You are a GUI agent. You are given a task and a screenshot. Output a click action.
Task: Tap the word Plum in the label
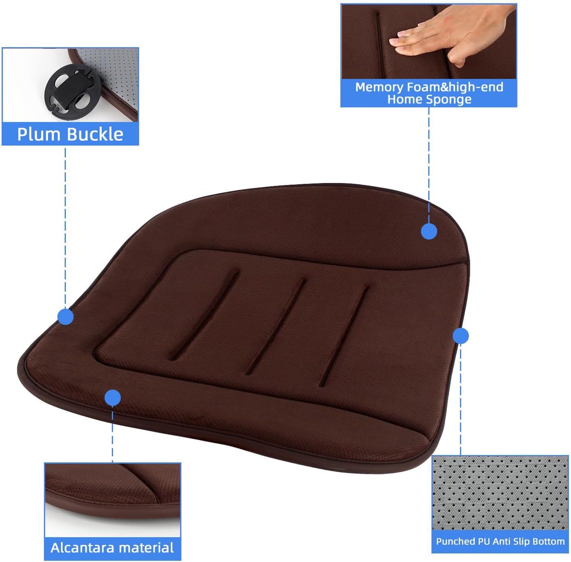pyautogui.click(x=39, y=134)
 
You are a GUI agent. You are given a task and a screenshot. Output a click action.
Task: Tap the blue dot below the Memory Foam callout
pyautogui.click(x=429, y=231)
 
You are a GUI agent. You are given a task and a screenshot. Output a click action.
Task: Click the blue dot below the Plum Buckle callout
pyautogui.click(x=65, y=316)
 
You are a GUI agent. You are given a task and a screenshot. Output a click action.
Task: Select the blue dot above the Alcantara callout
pyautogui.click(x=113, y=398)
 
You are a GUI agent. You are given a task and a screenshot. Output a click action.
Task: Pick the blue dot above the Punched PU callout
pyautogui.click(x=460, y=336)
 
